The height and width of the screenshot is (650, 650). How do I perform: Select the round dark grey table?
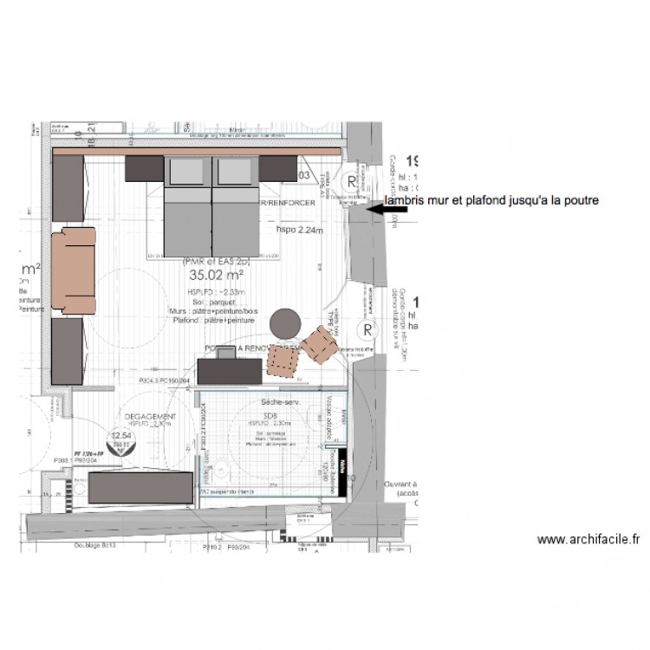284,324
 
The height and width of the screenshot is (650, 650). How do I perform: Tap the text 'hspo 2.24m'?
299,231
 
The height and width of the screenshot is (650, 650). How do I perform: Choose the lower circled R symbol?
367,330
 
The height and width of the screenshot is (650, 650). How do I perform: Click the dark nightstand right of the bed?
278,167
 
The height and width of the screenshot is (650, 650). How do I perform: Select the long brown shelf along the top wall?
195,152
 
